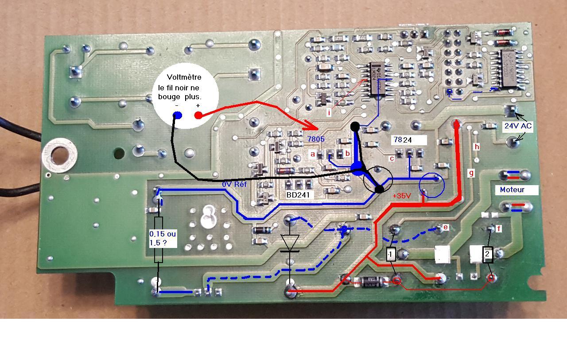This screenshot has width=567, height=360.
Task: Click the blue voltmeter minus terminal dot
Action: click(177, 116)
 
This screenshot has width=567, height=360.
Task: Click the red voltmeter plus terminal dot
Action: click(198, 116)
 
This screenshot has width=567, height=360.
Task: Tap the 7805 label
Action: click(316, 139)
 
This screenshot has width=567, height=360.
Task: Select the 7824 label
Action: click(403, 140)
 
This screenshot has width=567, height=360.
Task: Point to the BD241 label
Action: click(300, 194)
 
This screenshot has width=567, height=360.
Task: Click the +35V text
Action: click(402, 196)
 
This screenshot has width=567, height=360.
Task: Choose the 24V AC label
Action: click(518, 126)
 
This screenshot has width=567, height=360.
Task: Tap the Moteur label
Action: click(512, 190)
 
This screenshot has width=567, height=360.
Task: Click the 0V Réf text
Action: click(234, 184)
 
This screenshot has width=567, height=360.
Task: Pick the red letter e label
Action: click(446, 227)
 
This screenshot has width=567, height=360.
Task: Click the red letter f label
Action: click(499, 228)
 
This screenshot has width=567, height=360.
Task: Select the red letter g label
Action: click(471, 173)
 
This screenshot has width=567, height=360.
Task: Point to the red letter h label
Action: click(477, 147)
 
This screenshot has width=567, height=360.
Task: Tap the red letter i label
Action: click(329, 112)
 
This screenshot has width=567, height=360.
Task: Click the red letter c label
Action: click(392, 158)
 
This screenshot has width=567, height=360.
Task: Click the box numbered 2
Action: click(487, 255)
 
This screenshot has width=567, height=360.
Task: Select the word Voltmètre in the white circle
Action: click(184, 77)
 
